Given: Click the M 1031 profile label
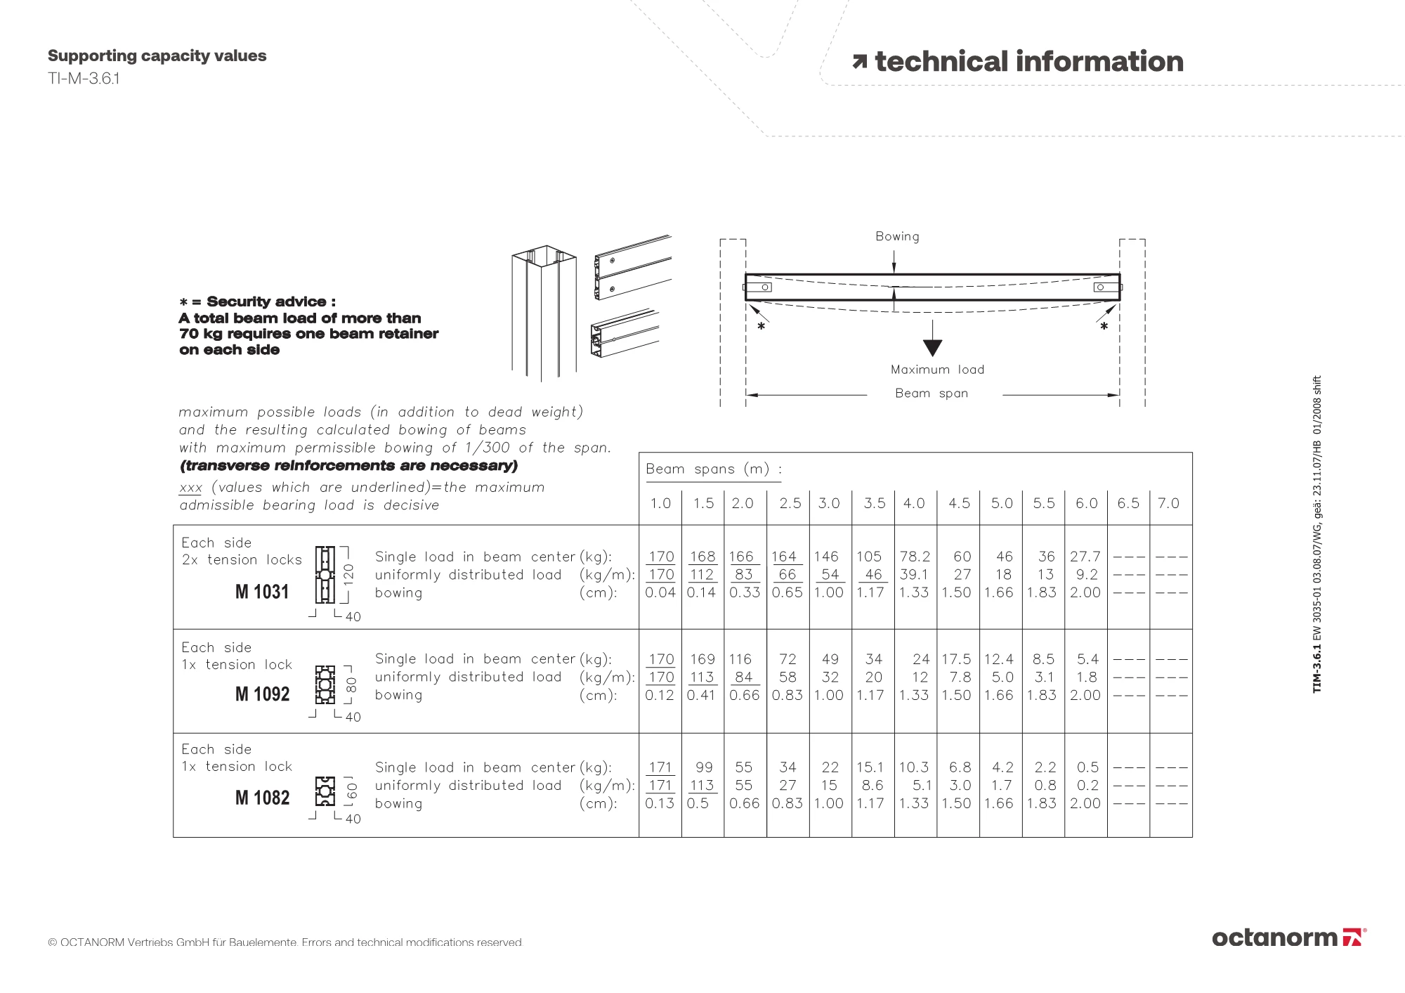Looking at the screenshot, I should pos(262,592).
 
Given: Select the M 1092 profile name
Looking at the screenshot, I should pos(262,694).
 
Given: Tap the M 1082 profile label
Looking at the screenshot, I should pos(262,798).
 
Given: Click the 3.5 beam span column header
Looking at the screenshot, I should pos(874,503).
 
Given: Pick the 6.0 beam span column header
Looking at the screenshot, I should pos(1086,503).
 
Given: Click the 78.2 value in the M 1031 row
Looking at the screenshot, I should pos(915,557).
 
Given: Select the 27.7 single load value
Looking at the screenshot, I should pos(1085,557).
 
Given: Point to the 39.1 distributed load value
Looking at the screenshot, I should pos(914,575).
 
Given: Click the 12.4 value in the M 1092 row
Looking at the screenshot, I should pos(998,659).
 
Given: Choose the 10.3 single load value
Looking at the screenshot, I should pos(914,767).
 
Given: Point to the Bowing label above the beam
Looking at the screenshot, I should pos(897,236).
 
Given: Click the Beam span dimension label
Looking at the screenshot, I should pos(932,394).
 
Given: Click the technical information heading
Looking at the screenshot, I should pos(1028,62).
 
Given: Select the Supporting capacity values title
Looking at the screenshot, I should pos(157,56).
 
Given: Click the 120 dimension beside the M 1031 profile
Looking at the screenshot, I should pos(348,573).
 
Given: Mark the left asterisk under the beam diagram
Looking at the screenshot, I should pos(761,327).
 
